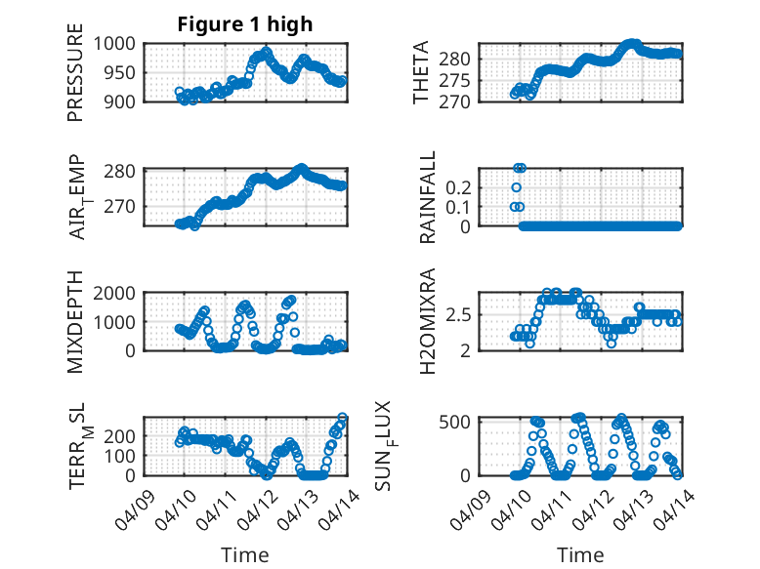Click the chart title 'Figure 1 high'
tap(244, 24)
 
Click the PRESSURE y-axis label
tap(76, 79)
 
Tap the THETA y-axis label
tap(421, 73)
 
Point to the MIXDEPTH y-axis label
tap(76, 323)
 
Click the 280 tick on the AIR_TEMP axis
tap(125, 172)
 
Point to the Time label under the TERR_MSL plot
tap(244, 554)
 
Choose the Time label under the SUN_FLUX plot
tap(580, 554)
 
